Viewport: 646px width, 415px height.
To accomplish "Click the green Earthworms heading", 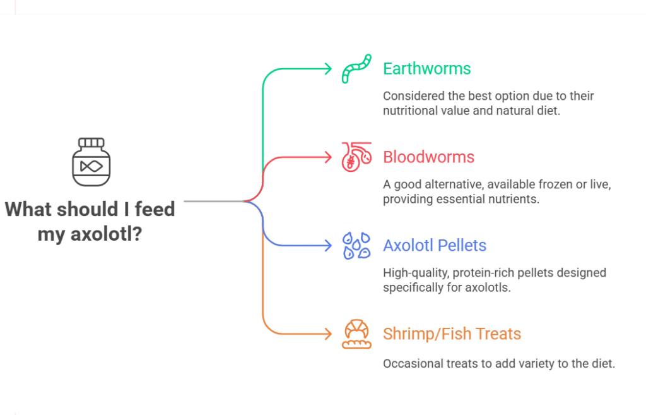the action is click(x=427, y=68).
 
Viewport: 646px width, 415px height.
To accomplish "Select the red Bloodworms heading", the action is click(x=428, y=157).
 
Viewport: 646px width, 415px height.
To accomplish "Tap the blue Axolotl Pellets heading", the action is click(x=435, y=246).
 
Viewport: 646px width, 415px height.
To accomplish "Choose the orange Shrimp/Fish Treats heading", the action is click(x=452, y=334).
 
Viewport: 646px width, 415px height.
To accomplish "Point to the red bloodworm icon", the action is click(x=356, y=157).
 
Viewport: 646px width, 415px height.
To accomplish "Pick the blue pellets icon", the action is click(x=356, y=246).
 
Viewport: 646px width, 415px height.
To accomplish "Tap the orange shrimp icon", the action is click(x=357, y=334).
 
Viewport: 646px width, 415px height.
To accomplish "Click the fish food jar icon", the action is click(x=91, y=162).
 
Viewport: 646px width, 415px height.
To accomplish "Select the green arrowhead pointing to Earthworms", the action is click(x=329, y=69).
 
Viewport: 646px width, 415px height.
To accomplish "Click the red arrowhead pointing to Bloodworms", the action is click(x=329, y=157).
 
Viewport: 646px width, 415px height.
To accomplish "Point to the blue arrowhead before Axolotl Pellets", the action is click(x=329, y=246).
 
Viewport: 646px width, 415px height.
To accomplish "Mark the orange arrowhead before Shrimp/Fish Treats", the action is click(x=329, y=334).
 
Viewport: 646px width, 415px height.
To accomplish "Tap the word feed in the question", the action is click(x=155, y=208).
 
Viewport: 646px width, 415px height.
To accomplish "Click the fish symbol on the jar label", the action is click(x=91, y=166).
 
